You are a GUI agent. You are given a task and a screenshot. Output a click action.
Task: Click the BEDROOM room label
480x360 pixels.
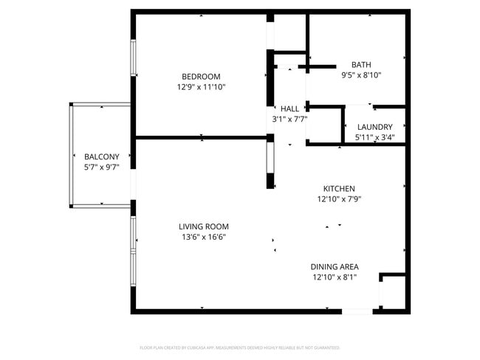(x=201, y=77)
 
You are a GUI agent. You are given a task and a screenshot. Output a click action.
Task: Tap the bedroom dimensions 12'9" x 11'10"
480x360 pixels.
(x=201, y=87)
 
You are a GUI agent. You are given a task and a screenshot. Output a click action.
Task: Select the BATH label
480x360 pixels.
(x=361, y=64)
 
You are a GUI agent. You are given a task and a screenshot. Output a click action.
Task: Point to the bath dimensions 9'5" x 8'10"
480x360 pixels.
(x=361, y=75)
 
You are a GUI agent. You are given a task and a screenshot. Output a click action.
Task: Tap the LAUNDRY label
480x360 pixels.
(x=374, y=127)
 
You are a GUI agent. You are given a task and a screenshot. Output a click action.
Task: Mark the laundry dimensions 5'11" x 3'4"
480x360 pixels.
(x=374, y=137)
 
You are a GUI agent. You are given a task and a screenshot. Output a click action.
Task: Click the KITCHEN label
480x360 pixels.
(x=339, y=188)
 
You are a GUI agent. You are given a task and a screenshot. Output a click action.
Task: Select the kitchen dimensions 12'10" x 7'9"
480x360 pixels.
(x=339, y=198)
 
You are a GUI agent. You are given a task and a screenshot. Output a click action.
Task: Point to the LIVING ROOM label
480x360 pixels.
(x=203, y=226)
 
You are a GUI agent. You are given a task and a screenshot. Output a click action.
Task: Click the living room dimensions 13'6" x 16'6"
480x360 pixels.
(x=203, y=237)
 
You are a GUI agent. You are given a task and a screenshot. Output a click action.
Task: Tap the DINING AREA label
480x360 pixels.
(x=335, y=266)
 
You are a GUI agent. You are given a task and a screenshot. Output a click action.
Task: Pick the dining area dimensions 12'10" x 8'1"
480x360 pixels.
(x=335, y=277)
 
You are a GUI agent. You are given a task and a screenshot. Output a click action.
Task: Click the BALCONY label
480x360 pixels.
(x=101, y=156)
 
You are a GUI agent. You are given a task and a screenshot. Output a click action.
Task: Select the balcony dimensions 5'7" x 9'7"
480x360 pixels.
(x=101, y=167)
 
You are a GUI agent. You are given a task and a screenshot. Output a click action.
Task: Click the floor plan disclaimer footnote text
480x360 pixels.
(x=240, y=347)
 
